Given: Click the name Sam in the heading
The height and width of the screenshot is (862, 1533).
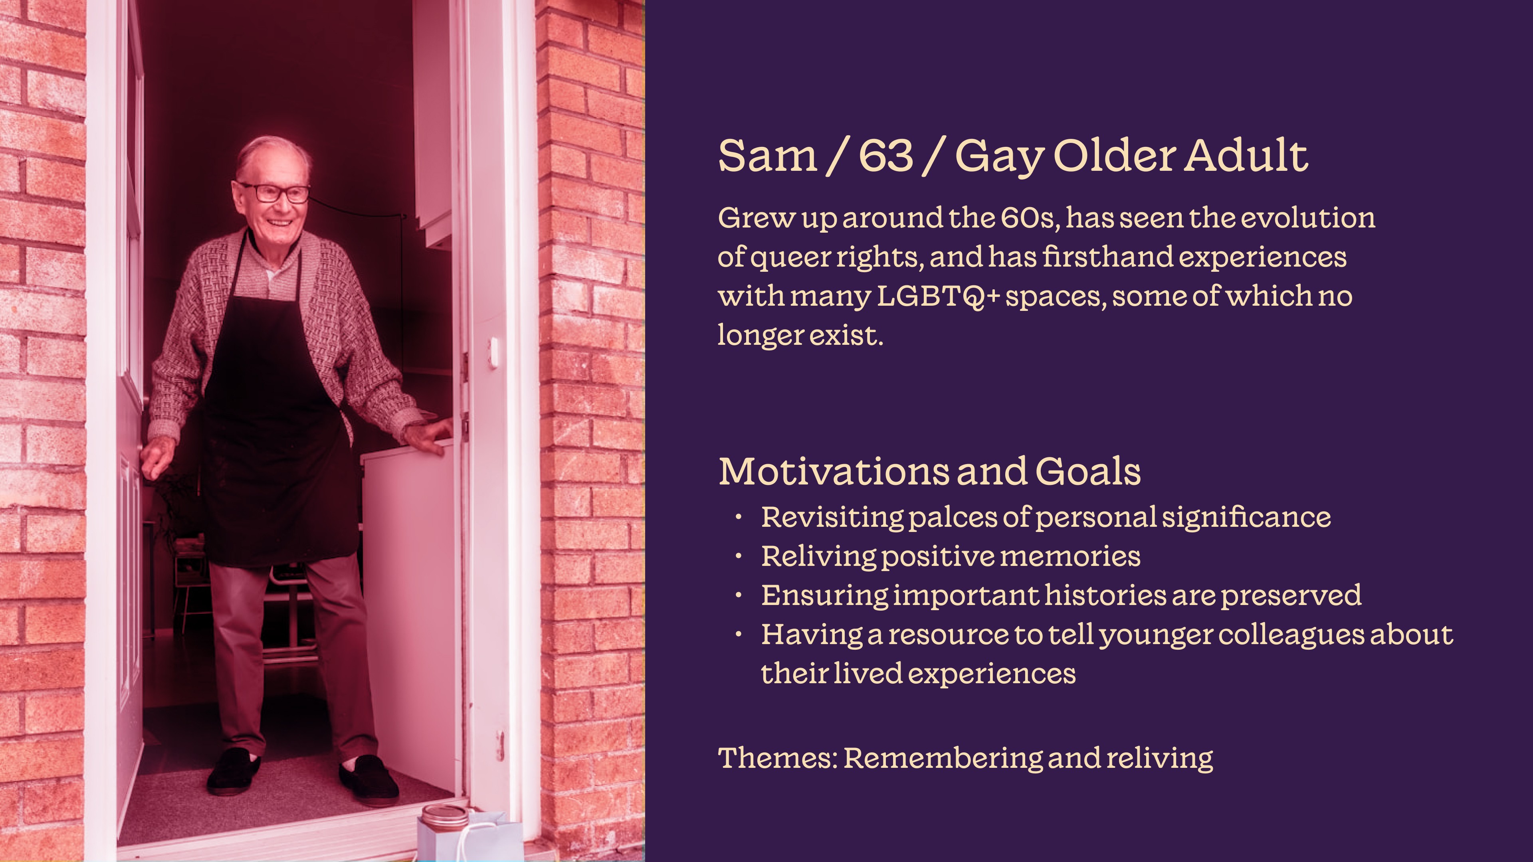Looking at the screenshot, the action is (768, 156).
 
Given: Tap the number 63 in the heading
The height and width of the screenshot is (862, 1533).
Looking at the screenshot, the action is (886, 156).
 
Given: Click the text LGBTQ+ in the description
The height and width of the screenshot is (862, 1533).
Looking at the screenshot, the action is (939, 296).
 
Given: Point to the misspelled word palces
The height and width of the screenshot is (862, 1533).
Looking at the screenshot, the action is (953, 517).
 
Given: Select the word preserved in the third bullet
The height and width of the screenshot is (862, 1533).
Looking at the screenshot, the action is (1291, 595).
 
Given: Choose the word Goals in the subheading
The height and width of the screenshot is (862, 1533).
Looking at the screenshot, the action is (1088, 471).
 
